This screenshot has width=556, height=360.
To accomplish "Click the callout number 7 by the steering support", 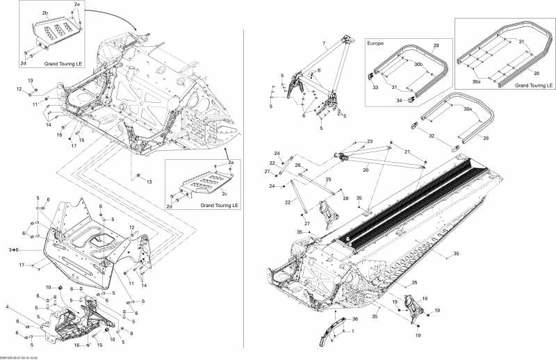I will coord(323,44).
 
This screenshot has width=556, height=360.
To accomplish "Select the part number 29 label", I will coord(436,44).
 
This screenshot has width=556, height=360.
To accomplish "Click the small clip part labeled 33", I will coord(370,75).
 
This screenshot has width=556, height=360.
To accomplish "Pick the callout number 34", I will coord(400,101).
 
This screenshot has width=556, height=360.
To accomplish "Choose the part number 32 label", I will coord(431,136).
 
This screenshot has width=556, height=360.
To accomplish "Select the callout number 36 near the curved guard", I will coord(354,319).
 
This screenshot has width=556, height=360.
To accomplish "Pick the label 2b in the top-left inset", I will coord(44,13).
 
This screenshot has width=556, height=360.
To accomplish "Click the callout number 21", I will coord(407,151).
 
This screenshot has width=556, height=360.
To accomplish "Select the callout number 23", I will coord(370,141).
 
